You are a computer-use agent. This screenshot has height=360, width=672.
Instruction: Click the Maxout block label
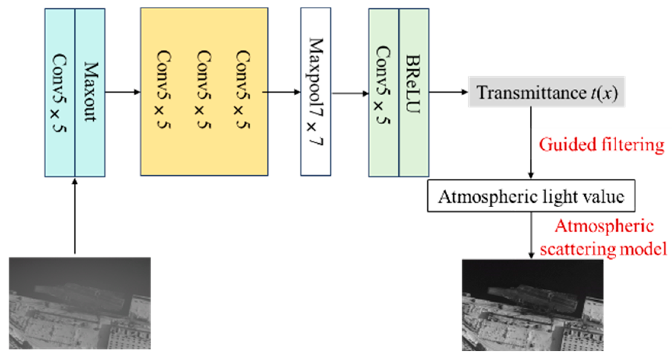tap(90, 92)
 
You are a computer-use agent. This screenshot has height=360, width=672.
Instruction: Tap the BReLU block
tap(414, 85)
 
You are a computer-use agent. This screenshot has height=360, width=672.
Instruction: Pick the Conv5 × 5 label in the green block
tap(383, 85)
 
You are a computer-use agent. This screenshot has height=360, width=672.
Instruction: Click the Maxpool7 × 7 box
tap(316, 92)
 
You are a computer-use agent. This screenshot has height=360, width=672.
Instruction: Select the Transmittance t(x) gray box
tap(546, 92)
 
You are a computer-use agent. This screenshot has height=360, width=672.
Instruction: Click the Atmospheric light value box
tap(531, 196)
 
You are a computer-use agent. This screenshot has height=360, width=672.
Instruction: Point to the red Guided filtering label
tap(601, 145)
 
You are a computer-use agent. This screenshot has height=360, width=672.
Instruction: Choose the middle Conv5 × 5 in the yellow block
tap(203, 90)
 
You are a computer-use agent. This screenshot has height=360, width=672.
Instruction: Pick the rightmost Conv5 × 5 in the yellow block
tap(242, 90)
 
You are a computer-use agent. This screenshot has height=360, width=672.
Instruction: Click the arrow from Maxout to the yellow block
tap(122, 92)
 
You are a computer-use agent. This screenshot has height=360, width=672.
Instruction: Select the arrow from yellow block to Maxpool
tap(281, 92)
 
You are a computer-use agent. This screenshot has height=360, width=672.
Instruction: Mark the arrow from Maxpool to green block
tap(350, 93)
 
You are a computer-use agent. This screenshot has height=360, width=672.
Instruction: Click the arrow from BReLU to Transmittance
tap(448, 92)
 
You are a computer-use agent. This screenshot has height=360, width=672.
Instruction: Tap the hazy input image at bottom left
tap(80, 303)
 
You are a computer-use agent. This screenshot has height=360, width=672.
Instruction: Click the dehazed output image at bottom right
tap(532, 305)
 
